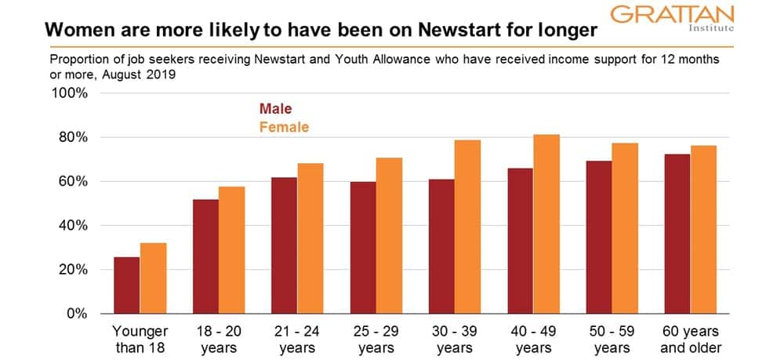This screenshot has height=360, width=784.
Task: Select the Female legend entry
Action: click(x=284, y=126)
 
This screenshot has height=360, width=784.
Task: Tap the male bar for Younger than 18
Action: click(x=127, y=285)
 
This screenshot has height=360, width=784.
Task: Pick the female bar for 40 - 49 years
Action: click(x=546, y=224)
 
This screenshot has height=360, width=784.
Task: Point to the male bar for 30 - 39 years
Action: click(x=441, y=246)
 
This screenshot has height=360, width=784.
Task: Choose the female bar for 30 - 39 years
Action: click(x=468, y=227)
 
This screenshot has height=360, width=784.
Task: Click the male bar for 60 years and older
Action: click(x=677, y=234)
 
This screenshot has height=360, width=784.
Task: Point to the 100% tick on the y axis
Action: click(x=71, y=94)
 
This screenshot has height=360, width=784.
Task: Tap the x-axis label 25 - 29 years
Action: click(x=376, y=338)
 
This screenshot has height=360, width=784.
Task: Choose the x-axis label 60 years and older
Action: click(x=691, y=338)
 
